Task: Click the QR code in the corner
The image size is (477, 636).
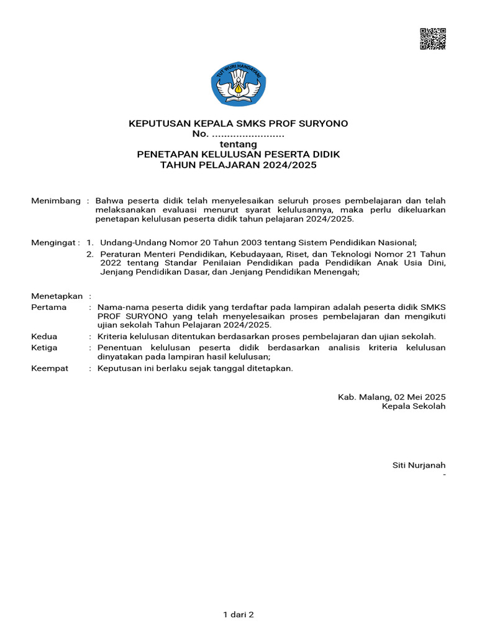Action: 433,39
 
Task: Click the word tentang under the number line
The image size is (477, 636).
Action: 238,144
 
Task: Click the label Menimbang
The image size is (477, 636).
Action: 56,201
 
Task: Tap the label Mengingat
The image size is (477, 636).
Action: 55,242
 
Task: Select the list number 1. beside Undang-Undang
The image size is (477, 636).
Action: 90,242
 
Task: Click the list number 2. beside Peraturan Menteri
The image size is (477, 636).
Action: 90,254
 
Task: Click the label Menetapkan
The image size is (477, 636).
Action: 57,296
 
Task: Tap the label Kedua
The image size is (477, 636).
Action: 44,337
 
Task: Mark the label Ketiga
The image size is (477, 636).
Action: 44,348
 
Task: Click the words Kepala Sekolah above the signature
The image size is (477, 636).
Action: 414,406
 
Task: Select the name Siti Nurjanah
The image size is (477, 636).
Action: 419,465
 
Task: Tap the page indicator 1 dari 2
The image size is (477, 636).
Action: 238,615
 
